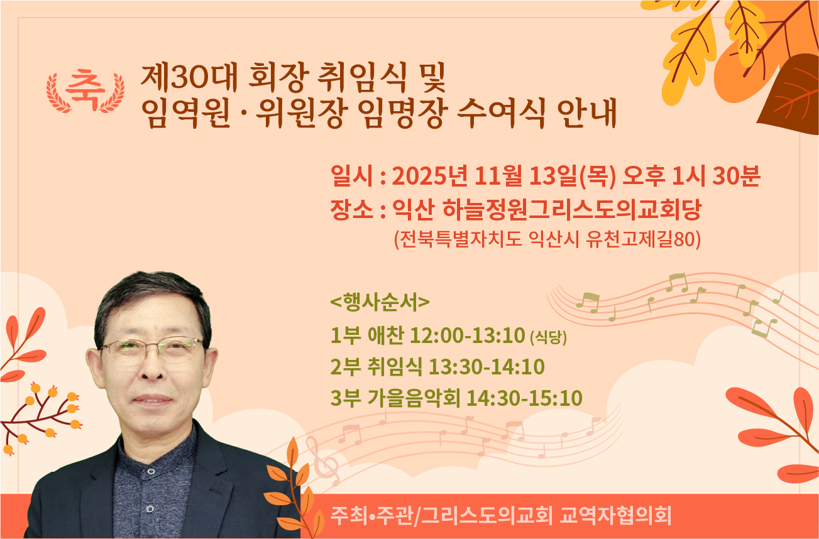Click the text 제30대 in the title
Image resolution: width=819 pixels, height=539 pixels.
point(189,77)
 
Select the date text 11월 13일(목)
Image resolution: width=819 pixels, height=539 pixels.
point(545,176)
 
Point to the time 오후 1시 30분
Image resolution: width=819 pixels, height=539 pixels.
point(691,176)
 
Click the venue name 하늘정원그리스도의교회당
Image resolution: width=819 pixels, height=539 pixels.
point(572,210)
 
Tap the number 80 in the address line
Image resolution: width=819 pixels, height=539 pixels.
point(684,239)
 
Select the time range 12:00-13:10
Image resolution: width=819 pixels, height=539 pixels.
point(468,335)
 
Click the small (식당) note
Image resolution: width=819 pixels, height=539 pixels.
point(549,337)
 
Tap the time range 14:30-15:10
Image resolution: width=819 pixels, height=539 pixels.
point(525,398)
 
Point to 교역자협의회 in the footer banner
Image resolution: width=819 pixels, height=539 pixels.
point(615,516)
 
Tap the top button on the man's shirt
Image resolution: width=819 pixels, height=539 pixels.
point(151,471)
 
